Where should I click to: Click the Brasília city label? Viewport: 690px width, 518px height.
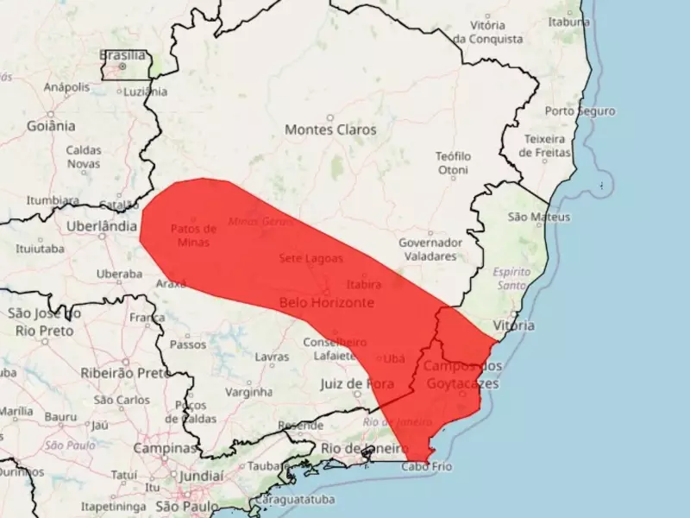click(122, 55)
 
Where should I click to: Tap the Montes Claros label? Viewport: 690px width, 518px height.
click(330, 129)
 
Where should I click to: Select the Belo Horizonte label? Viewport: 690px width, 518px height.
click(327, 303)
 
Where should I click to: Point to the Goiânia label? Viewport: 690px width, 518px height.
click(51, 126)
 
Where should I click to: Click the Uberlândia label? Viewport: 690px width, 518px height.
click(102, 226)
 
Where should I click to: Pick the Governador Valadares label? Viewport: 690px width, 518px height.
click(430, 249)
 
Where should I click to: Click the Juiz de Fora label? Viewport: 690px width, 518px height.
click(356, 383)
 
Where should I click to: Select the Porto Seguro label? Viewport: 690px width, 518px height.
click(580, 111)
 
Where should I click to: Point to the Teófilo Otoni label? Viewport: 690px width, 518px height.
click(453, 163)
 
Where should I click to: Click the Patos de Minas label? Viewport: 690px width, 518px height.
click(194, 235)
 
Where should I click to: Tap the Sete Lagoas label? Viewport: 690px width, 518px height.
click(310, 258)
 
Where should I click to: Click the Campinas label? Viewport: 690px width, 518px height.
click(165, 449)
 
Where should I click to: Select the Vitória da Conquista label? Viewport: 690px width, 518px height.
click(488, 32)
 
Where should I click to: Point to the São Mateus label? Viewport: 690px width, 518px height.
click(539, 217)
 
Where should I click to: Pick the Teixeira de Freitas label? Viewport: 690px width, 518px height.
click(548, 146)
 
